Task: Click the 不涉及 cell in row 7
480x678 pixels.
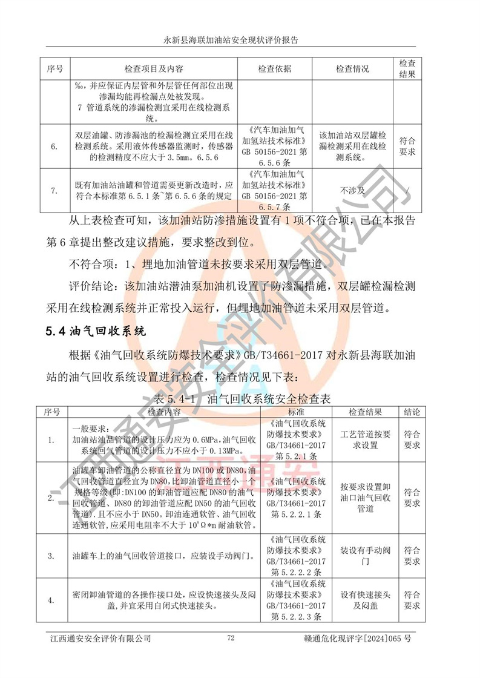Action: (x=352, y=190)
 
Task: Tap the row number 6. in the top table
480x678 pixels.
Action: (x=55, y=146)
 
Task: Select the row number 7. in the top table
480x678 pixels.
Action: (x=55, y=190)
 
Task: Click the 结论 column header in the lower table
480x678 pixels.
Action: (x=412, y=412)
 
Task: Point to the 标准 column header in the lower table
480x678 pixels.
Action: (x=292, y=412)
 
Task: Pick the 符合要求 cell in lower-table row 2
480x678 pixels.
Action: (x=412, y=498)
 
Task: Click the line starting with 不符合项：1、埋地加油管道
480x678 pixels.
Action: (x=199, y=264)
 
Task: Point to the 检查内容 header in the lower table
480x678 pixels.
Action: (x=164, y=412)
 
